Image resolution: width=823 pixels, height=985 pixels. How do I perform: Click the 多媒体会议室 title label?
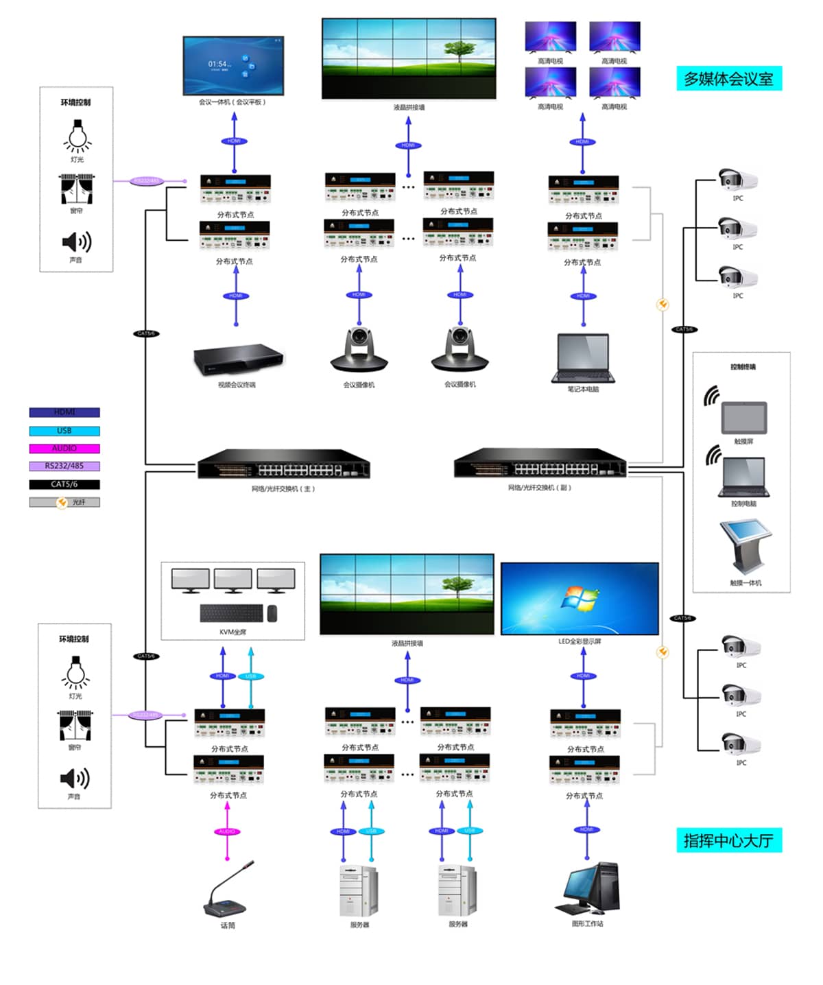point(728,79)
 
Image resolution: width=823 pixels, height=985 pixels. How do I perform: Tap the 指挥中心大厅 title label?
point(728,840)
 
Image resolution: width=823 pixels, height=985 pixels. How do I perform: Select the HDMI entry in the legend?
point(64,412)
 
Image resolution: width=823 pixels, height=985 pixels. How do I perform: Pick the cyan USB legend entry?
point(64,431)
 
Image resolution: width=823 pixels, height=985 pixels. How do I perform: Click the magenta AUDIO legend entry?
point(64,449)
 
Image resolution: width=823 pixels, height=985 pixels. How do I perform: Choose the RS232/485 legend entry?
point(64,466)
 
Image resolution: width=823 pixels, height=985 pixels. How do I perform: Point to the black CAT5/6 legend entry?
point(64,484)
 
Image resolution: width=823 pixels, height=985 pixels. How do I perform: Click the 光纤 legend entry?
point(64,502)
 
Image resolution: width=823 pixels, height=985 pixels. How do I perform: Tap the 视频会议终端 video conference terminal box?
point(237,359)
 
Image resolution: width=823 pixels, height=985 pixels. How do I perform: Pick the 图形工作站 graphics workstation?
point(588,889)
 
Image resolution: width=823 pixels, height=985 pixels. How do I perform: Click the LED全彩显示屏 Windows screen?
point(580,599)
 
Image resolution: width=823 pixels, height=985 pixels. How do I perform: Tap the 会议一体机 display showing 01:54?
point(233,66)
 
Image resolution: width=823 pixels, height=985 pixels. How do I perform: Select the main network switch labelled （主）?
point(283,464)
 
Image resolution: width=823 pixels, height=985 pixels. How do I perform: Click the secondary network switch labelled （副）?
point(540,464)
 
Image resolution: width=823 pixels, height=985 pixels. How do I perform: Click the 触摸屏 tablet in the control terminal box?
point(744,416)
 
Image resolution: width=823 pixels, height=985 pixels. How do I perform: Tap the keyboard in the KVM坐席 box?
point(232,613)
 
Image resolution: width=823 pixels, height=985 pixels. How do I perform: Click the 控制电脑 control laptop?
point(744,477)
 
